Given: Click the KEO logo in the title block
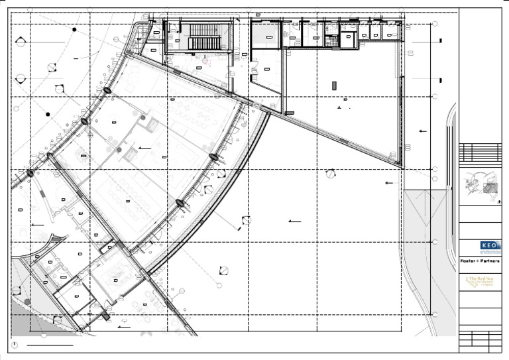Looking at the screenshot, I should pos(490,245).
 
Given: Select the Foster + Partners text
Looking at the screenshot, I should pos(480,261).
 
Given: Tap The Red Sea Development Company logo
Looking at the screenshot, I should pos(480,282).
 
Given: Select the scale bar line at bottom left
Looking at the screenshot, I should pos(50,345).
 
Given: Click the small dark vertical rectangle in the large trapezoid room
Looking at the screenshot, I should pos(335,85).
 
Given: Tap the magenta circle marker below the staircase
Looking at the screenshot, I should pos(205,61).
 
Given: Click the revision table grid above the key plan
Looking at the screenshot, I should pos(480,152).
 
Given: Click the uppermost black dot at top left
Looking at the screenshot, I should pos(74,30).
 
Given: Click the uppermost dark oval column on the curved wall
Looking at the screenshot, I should pos(106,90).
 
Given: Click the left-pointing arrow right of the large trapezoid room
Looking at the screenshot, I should pos(423,131).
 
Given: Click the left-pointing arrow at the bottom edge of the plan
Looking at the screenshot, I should pos(124,327).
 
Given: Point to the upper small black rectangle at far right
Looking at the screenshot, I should pos(441,41).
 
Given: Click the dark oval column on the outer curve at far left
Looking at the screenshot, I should pos(30,173).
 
